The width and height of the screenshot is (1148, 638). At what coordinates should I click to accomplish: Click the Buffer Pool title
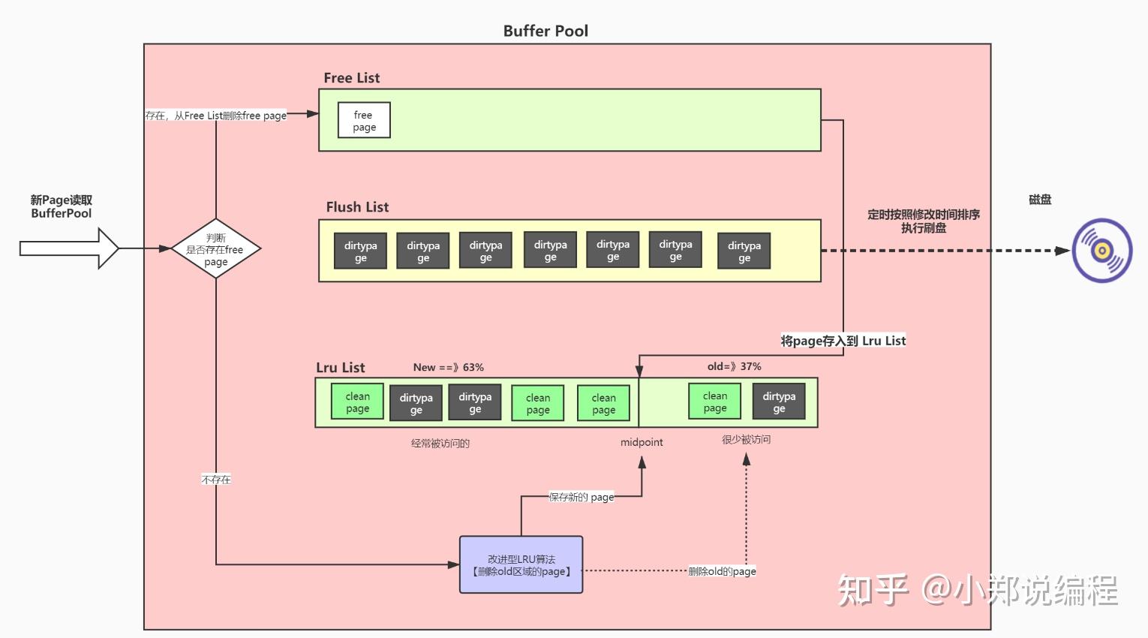(x=545, y=31)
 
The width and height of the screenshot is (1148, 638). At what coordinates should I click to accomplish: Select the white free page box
(x=364, y=121)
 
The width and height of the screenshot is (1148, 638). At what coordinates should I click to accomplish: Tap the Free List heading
(x=352, y=78)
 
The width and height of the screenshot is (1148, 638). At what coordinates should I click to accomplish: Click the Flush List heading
(x=357, y=207)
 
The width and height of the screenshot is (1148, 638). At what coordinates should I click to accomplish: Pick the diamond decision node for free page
(x=216, y=249)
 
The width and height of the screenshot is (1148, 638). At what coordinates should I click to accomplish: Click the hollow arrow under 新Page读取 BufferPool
(x=69, y=248)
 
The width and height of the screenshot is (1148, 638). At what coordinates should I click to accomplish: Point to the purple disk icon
(x=1101, y=251)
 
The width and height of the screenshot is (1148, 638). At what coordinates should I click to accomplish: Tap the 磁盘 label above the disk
(x=1040, y=200)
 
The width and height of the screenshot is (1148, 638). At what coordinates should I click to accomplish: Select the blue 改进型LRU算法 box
(x=521, y=565)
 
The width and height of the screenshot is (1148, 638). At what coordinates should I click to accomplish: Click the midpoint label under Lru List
(x=642, y=442)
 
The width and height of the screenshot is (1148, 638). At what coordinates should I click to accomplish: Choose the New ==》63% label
(x=449, y=367)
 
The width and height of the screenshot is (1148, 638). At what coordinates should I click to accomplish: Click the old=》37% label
(x=734, y=366)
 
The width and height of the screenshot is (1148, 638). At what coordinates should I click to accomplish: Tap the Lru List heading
(x=341, y=368)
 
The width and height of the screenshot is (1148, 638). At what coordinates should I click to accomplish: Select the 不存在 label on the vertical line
(x=216, y=480)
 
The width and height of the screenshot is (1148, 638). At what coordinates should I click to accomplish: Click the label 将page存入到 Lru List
(x=843, y=341)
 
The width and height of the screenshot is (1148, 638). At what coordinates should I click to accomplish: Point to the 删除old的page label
(x=722, y=571)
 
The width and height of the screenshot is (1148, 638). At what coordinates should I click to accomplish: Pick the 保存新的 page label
(x=582, y=497)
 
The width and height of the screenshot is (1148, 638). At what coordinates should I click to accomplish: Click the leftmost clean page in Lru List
(x=358, y=402)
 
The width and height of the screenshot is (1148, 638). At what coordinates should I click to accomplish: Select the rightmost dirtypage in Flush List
(x=744, y=251)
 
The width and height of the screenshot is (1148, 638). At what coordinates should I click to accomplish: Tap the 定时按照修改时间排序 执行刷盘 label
(x=924, y=221)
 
